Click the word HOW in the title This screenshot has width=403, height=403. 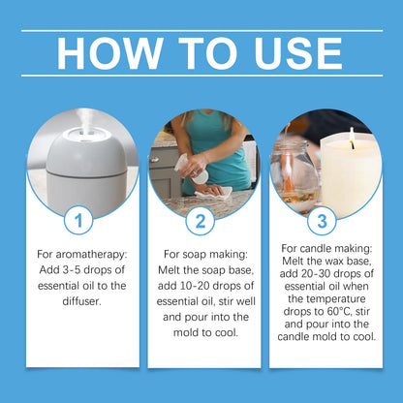[109, 53]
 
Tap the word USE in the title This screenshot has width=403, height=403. [298, 53]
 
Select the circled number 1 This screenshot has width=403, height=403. [78, 221]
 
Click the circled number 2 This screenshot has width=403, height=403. [201, 221]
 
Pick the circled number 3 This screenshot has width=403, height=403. [322, 221]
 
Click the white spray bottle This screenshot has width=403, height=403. [192, 169]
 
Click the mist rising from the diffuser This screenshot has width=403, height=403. [83, 119]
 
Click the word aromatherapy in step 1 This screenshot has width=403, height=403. [92, 255]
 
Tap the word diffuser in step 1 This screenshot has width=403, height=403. [81, 301]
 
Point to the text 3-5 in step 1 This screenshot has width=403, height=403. [72, 270]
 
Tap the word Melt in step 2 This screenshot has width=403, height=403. [170, 270]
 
